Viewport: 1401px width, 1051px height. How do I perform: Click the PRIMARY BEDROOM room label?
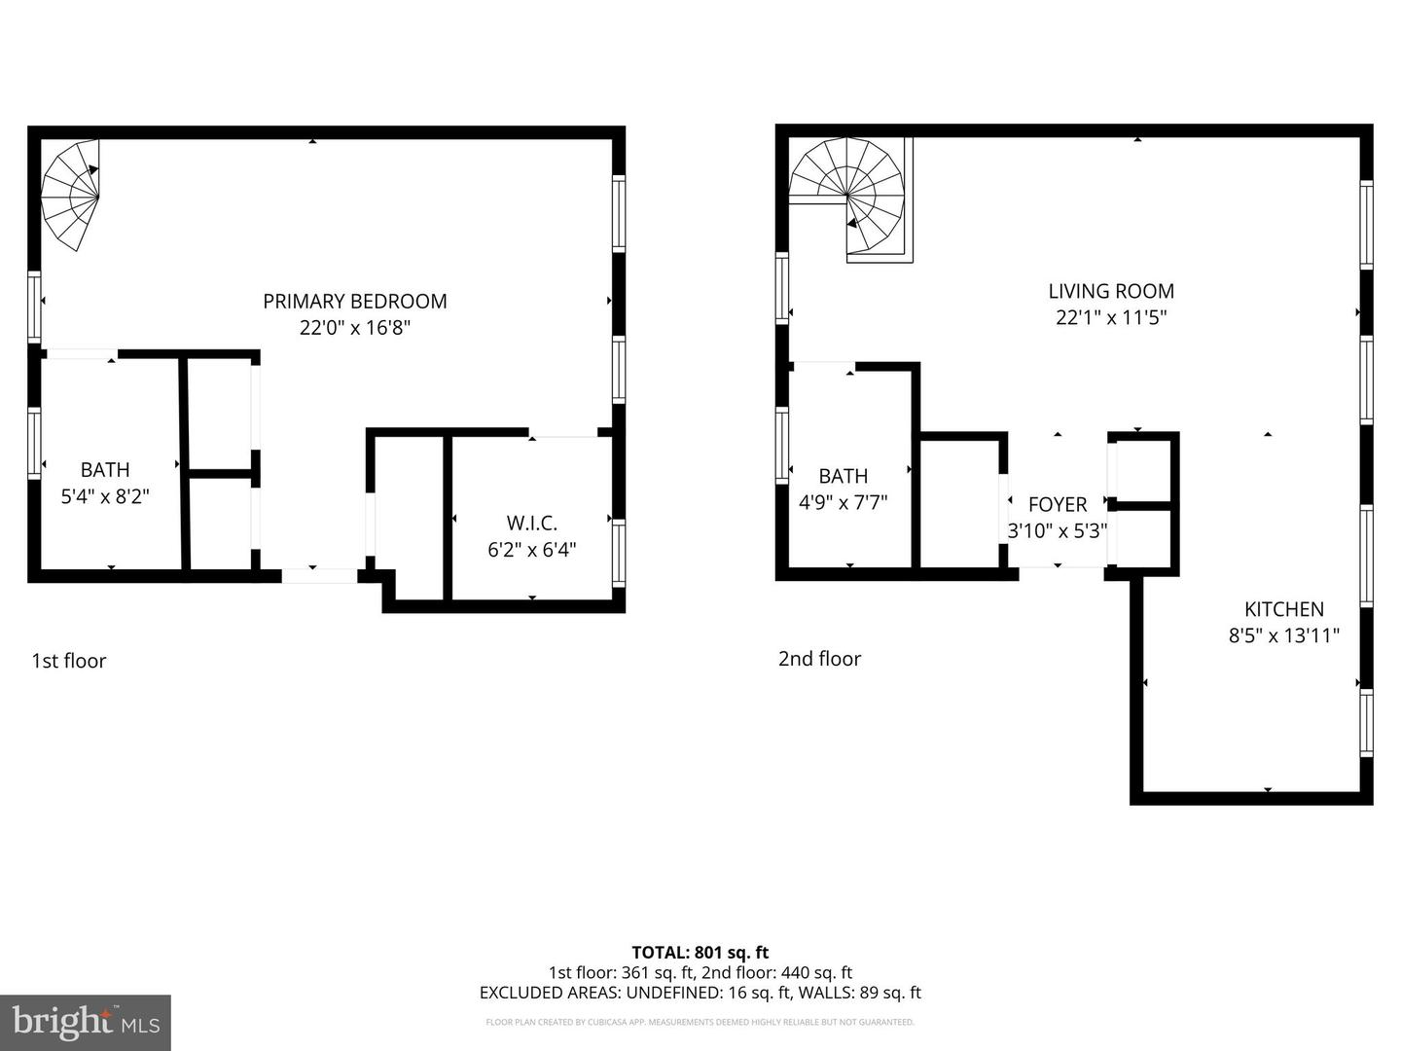click(355, 302)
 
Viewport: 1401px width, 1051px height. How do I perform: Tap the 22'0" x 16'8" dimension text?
click(355, 328)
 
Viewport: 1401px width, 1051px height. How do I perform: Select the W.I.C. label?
click(531, 524)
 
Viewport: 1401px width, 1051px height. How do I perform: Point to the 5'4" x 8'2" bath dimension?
click(105, 496)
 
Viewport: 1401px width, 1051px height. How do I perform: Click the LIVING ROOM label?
click(1111, 291)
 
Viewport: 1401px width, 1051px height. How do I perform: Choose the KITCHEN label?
click(1284, 609)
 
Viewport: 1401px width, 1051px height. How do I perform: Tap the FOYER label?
click(1058, 504)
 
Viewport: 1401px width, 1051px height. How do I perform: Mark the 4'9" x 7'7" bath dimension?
click(843, 502)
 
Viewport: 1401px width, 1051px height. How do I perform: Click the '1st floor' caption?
click(68, 661)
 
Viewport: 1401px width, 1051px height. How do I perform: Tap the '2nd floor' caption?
click(819, 659)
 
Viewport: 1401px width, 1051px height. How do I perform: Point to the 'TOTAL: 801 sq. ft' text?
click(700, 953)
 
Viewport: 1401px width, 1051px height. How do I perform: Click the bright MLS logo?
click(86, 1022)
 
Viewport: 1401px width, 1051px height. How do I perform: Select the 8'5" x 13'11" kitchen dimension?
click(1284, 635)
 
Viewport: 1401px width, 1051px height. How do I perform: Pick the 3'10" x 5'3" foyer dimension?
click(1058, 530)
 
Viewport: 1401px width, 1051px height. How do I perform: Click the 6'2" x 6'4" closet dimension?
click(531, 550)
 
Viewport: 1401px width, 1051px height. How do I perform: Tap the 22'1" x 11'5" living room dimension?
click(1111, 317)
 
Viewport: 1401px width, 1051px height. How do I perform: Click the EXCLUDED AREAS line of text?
click(700, 993)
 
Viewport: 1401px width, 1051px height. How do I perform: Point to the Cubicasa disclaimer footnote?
click(700, 1022)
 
